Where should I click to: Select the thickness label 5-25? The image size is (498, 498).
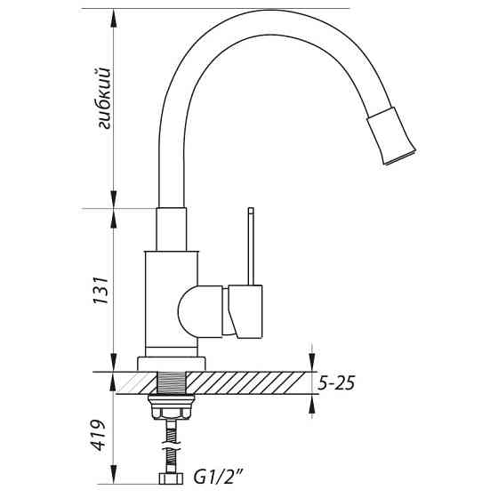click(x=337, y=384)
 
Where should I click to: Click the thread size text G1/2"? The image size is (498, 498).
click(x=218, y=478)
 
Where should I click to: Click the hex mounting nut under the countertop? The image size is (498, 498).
click(x=173, y=412)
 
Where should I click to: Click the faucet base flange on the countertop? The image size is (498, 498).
click(x=172, y=364)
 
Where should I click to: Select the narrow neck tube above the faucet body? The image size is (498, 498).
click(x=173, y=229)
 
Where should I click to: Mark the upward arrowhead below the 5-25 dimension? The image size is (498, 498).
click(x=310, y=404)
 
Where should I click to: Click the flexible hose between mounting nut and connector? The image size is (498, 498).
click(x=173, y=445)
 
